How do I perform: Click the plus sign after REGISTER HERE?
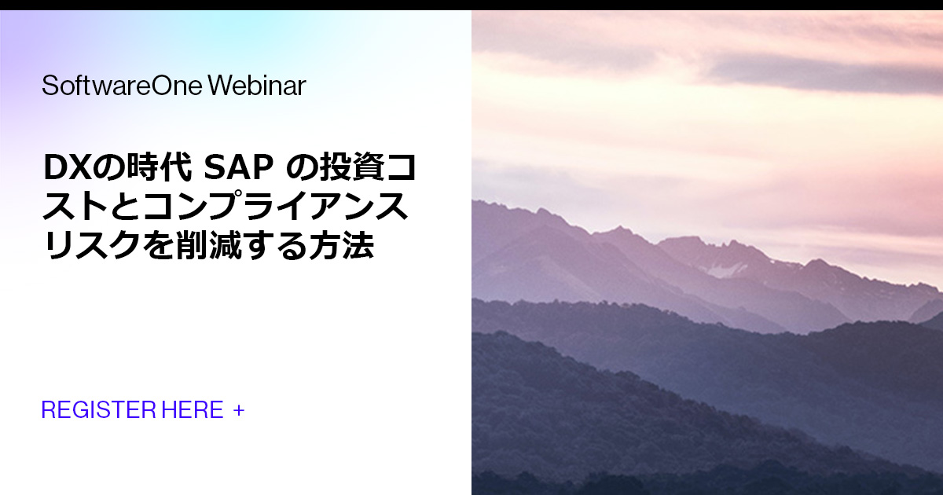click(239, 410)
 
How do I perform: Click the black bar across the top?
click(472, 5)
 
